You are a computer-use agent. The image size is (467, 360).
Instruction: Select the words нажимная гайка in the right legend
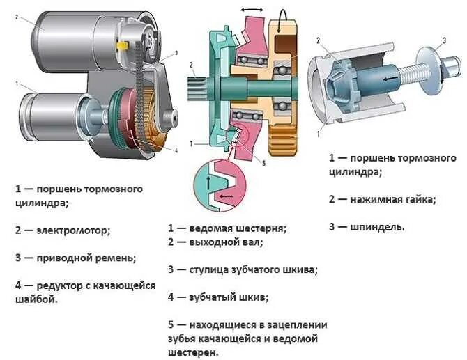[392, 199]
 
